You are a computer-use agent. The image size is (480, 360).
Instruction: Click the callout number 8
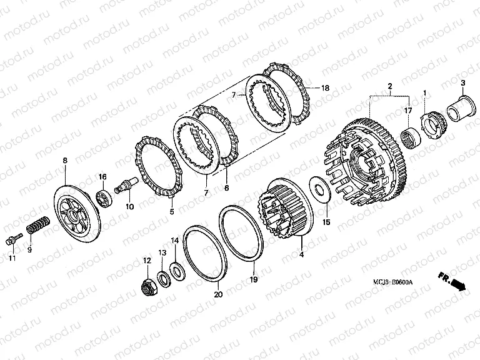tap(65, 160)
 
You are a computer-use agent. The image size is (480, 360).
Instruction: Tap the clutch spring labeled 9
tap(38, 225)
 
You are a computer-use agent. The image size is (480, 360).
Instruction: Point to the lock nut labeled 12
tap(149, 285)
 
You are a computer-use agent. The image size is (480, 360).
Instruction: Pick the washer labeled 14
tap(177, 270)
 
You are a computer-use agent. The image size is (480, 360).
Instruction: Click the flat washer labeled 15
tap(320, 189)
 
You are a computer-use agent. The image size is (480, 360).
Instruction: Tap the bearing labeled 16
tap(104, 197)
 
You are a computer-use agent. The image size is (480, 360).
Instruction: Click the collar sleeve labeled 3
tap(462, 109)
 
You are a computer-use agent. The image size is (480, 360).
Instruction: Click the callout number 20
tap(218, 294)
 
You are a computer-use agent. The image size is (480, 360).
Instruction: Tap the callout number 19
tap(254, 279)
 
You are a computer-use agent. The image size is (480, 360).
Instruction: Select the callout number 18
tap(325, 88)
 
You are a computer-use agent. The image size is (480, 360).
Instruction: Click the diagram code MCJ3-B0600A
tap(392, 282)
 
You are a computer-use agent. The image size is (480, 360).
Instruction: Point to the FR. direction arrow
tap(452, 281)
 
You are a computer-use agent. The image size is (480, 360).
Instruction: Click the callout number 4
tap(301, 254)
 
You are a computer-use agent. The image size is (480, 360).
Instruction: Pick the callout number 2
tap(390, 86)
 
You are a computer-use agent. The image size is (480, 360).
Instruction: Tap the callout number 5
tap(172, 211)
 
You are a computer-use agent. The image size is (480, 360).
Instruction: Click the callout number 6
tap(226, 187)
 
